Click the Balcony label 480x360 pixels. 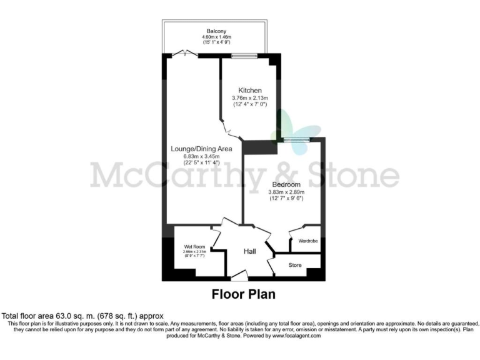[x=217, y=31]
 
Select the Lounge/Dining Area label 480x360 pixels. [x=201, y=149]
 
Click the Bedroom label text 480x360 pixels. [x=285, y=184]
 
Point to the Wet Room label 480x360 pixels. [x=194, y=246]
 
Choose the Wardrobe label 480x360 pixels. [x=305, y=241]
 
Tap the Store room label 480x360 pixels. [x=296, y=266]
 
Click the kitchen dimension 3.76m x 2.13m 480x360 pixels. [x=249, y=98]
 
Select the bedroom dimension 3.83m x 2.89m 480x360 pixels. [x=285, y=192]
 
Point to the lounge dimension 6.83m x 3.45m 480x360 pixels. [x=201, y=156]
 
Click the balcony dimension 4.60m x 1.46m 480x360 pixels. [x=217, y=37]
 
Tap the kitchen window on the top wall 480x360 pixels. [x=244, y=56]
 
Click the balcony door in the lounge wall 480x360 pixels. [x=186, y=55]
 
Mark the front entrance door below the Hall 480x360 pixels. [x=239, y=276]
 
